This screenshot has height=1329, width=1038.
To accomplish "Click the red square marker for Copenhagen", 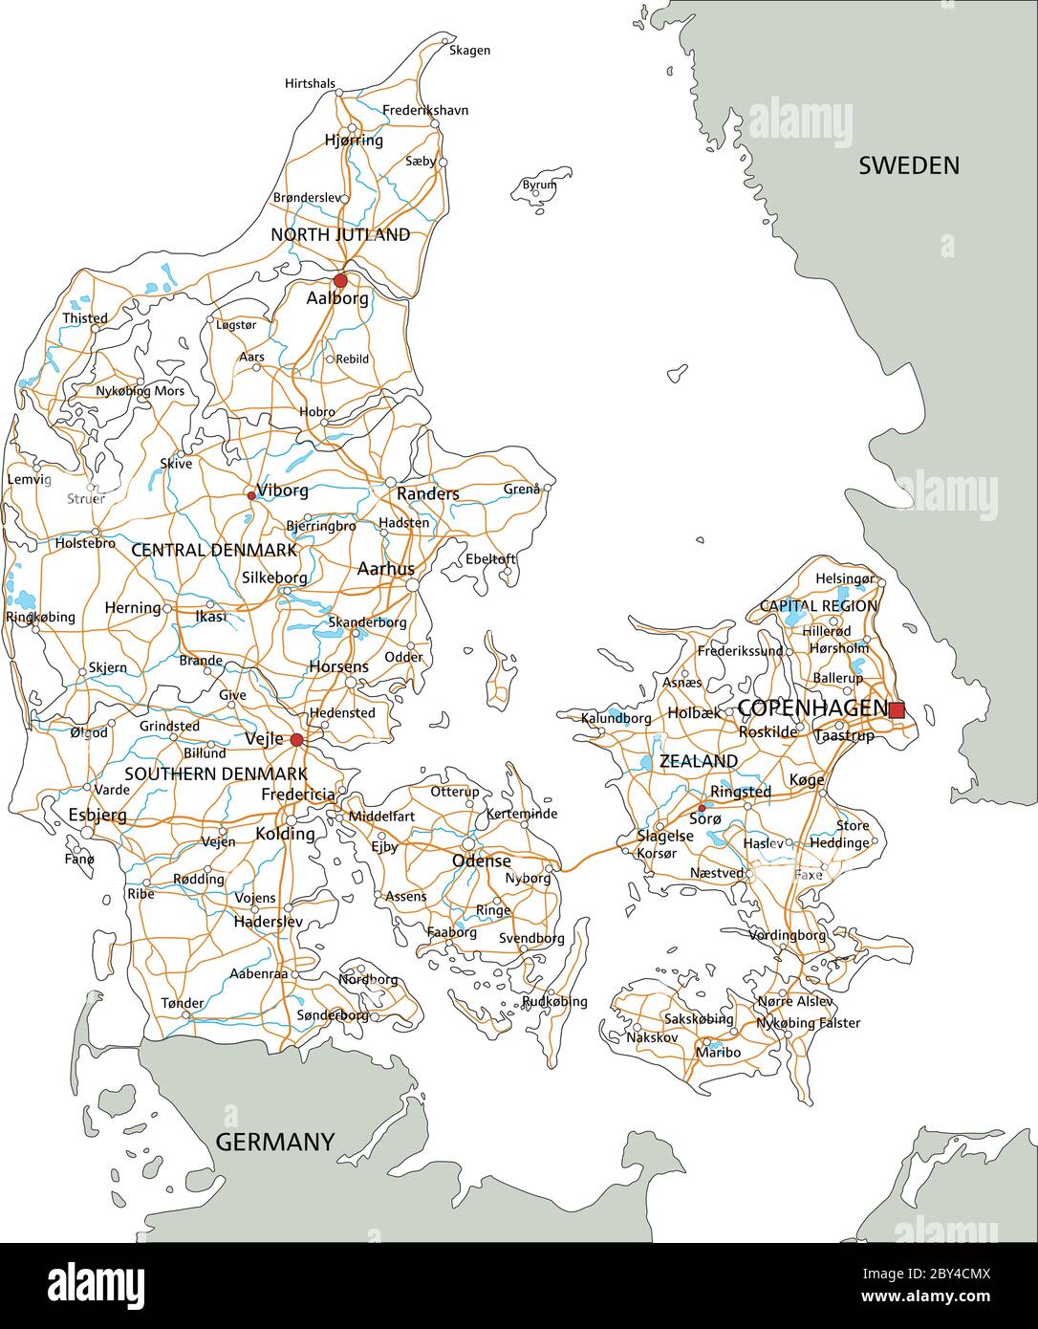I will (x=896, y=709).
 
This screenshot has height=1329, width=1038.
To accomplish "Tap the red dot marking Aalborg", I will (x=340, y=280).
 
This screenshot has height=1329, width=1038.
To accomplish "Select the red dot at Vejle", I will (x=296, y=740).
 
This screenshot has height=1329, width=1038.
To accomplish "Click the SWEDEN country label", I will (x=908, y=165).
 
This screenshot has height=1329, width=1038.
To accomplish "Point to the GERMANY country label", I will (x=274, y=1142).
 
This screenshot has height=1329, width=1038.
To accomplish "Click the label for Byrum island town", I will (x=539, y=185).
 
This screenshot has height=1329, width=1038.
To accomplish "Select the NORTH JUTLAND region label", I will (x=340, y=234).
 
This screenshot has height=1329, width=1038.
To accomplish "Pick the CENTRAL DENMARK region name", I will (x=213, y=550).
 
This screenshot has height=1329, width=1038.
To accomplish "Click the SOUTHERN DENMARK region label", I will (x=215, y=773).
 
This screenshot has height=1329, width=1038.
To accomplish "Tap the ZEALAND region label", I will (x=698, y=761).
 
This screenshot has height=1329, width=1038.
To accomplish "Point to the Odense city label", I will (x=481, y=861).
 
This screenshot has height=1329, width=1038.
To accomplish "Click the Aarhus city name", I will (x=385, y=569).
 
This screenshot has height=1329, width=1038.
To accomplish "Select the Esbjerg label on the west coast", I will (x=97, y=815).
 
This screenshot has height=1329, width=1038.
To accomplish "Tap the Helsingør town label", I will (x=844, y=579).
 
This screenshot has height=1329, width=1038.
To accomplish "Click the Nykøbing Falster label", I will (x=808, y=1023).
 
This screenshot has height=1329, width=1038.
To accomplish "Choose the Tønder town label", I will (x=182, y=1003).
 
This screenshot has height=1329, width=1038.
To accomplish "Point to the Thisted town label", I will (x=85, y=318).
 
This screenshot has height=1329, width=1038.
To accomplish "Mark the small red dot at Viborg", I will (x=251, y=495).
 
